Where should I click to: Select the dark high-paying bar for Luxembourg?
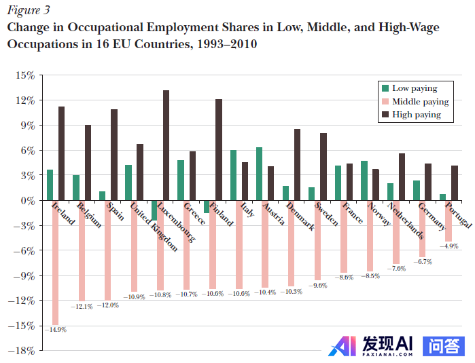[166, 145]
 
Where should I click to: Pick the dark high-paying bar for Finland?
[219, 149]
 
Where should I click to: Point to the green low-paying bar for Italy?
[233, 175]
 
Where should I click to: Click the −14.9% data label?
[56, 330]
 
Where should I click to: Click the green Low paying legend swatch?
[385, 88]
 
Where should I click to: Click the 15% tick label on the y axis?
[25, 75]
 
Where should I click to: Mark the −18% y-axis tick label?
[22, 351]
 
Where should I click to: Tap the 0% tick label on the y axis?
[27, 200]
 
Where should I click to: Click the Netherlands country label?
[406, 220]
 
